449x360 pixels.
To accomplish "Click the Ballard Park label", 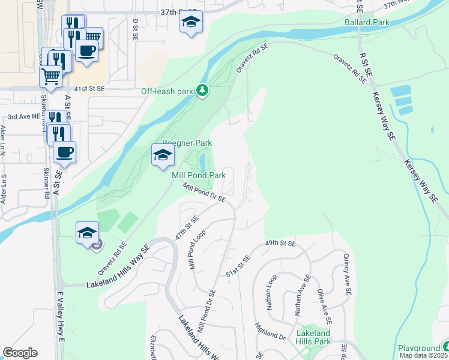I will [x=367, y=23].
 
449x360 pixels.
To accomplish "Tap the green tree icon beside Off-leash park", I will [x=203, y=91].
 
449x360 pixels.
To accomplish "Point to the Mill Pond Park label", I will [x=199, y=175].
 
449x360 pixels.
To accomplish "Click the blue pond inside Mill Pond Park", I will [x=202, y=161].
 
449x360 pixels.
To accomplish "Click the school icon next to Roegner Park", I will [x=163, y=156].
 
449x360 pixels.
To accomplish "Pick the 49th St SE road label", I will [x=281, y=244].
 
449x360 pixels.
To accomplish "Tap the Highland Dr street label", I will [x=270, y=331].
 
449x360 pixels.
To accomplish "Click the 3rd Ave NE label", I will [x=23, y=117].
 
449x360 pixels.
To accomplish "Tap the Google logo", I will [x=20, y=353].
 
